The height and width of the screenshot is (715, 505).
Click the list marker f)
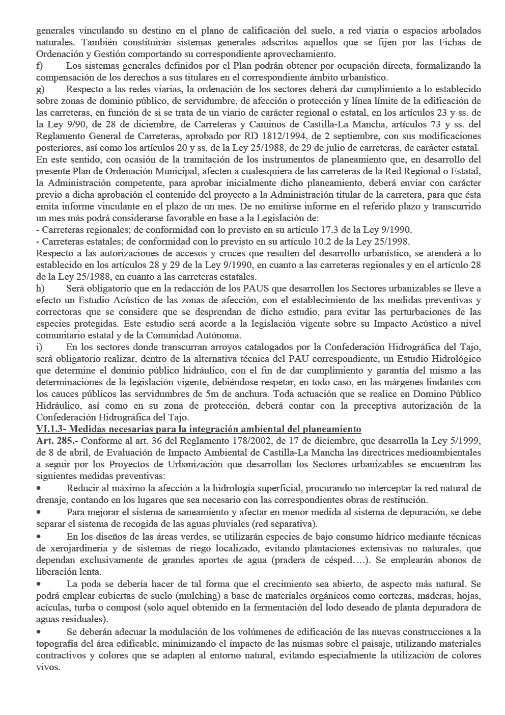(x=39, y=66)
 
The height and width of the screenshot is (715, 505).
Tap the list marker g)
(x=40, y=89)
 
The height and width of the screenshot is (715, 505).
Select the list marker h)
(x=40, y=288)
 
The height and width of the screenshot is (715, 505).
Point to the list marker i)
(x=39, y=347)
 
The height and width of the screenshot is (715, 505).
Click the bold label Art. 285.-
(x=57, y=440)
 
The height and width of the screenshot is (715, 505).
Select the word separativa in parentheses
(x=295, y=524)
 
